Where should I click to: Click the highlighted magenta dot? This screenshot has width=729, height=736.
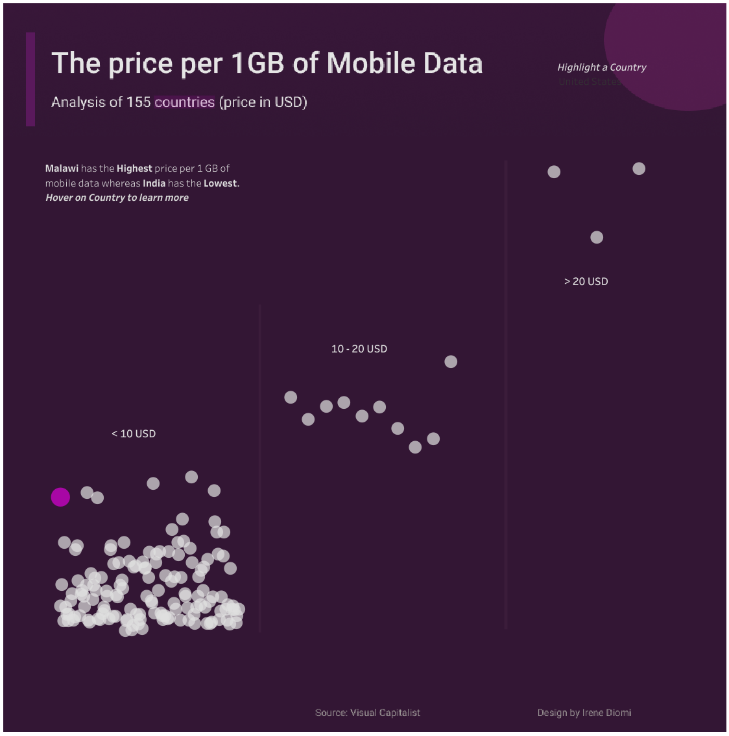pos(60,497)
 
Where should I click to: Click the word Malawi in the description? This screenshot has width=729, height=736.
pos(62,168)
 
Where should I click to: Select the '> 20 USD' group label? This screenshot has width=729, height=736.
pos(586,281)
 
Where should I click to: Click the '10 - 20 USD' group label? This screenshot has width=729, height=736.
pos(359,349)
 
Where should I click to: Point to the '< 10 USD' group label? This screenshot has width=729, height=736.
pos(134,433)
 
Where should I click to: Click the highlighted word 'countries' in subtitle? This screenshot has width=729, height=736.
pos(185,102)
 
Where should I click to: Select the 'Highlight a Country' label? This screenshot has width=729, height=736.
pos(602,67)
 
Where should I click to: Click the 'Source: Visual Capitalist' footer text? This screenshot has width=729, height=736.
pos(368,713)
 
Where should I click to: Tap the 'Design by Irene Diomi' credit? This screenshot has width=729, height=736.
pos(584,713)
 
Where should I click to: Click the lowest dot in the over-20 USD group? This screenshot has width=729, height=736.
pos(597,237)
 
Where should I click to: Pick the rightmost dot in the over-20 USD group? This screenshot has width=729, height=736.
pos(639,168)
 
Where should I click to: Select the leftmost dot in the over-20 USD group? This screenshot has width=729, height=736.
pos(554,172)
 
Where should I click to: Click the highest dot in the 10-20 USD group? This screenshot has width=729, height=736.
pos(451,362)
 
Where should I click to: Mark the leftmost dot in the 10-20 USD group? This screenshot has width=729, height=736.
pos(291,397)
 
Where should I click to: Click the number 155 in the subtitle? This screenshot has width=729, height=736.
pos(139,102)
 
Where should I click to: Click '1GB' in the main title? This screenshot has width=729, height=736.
pos(258,63)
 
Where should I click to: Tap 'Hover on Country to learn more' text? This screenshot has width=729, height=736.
pos(117,198)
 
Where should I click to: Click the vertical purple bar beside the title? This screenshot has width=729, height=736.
pos(30,79)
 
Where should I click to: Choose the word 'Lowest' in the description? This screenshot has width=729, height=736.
pos(221,183)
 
